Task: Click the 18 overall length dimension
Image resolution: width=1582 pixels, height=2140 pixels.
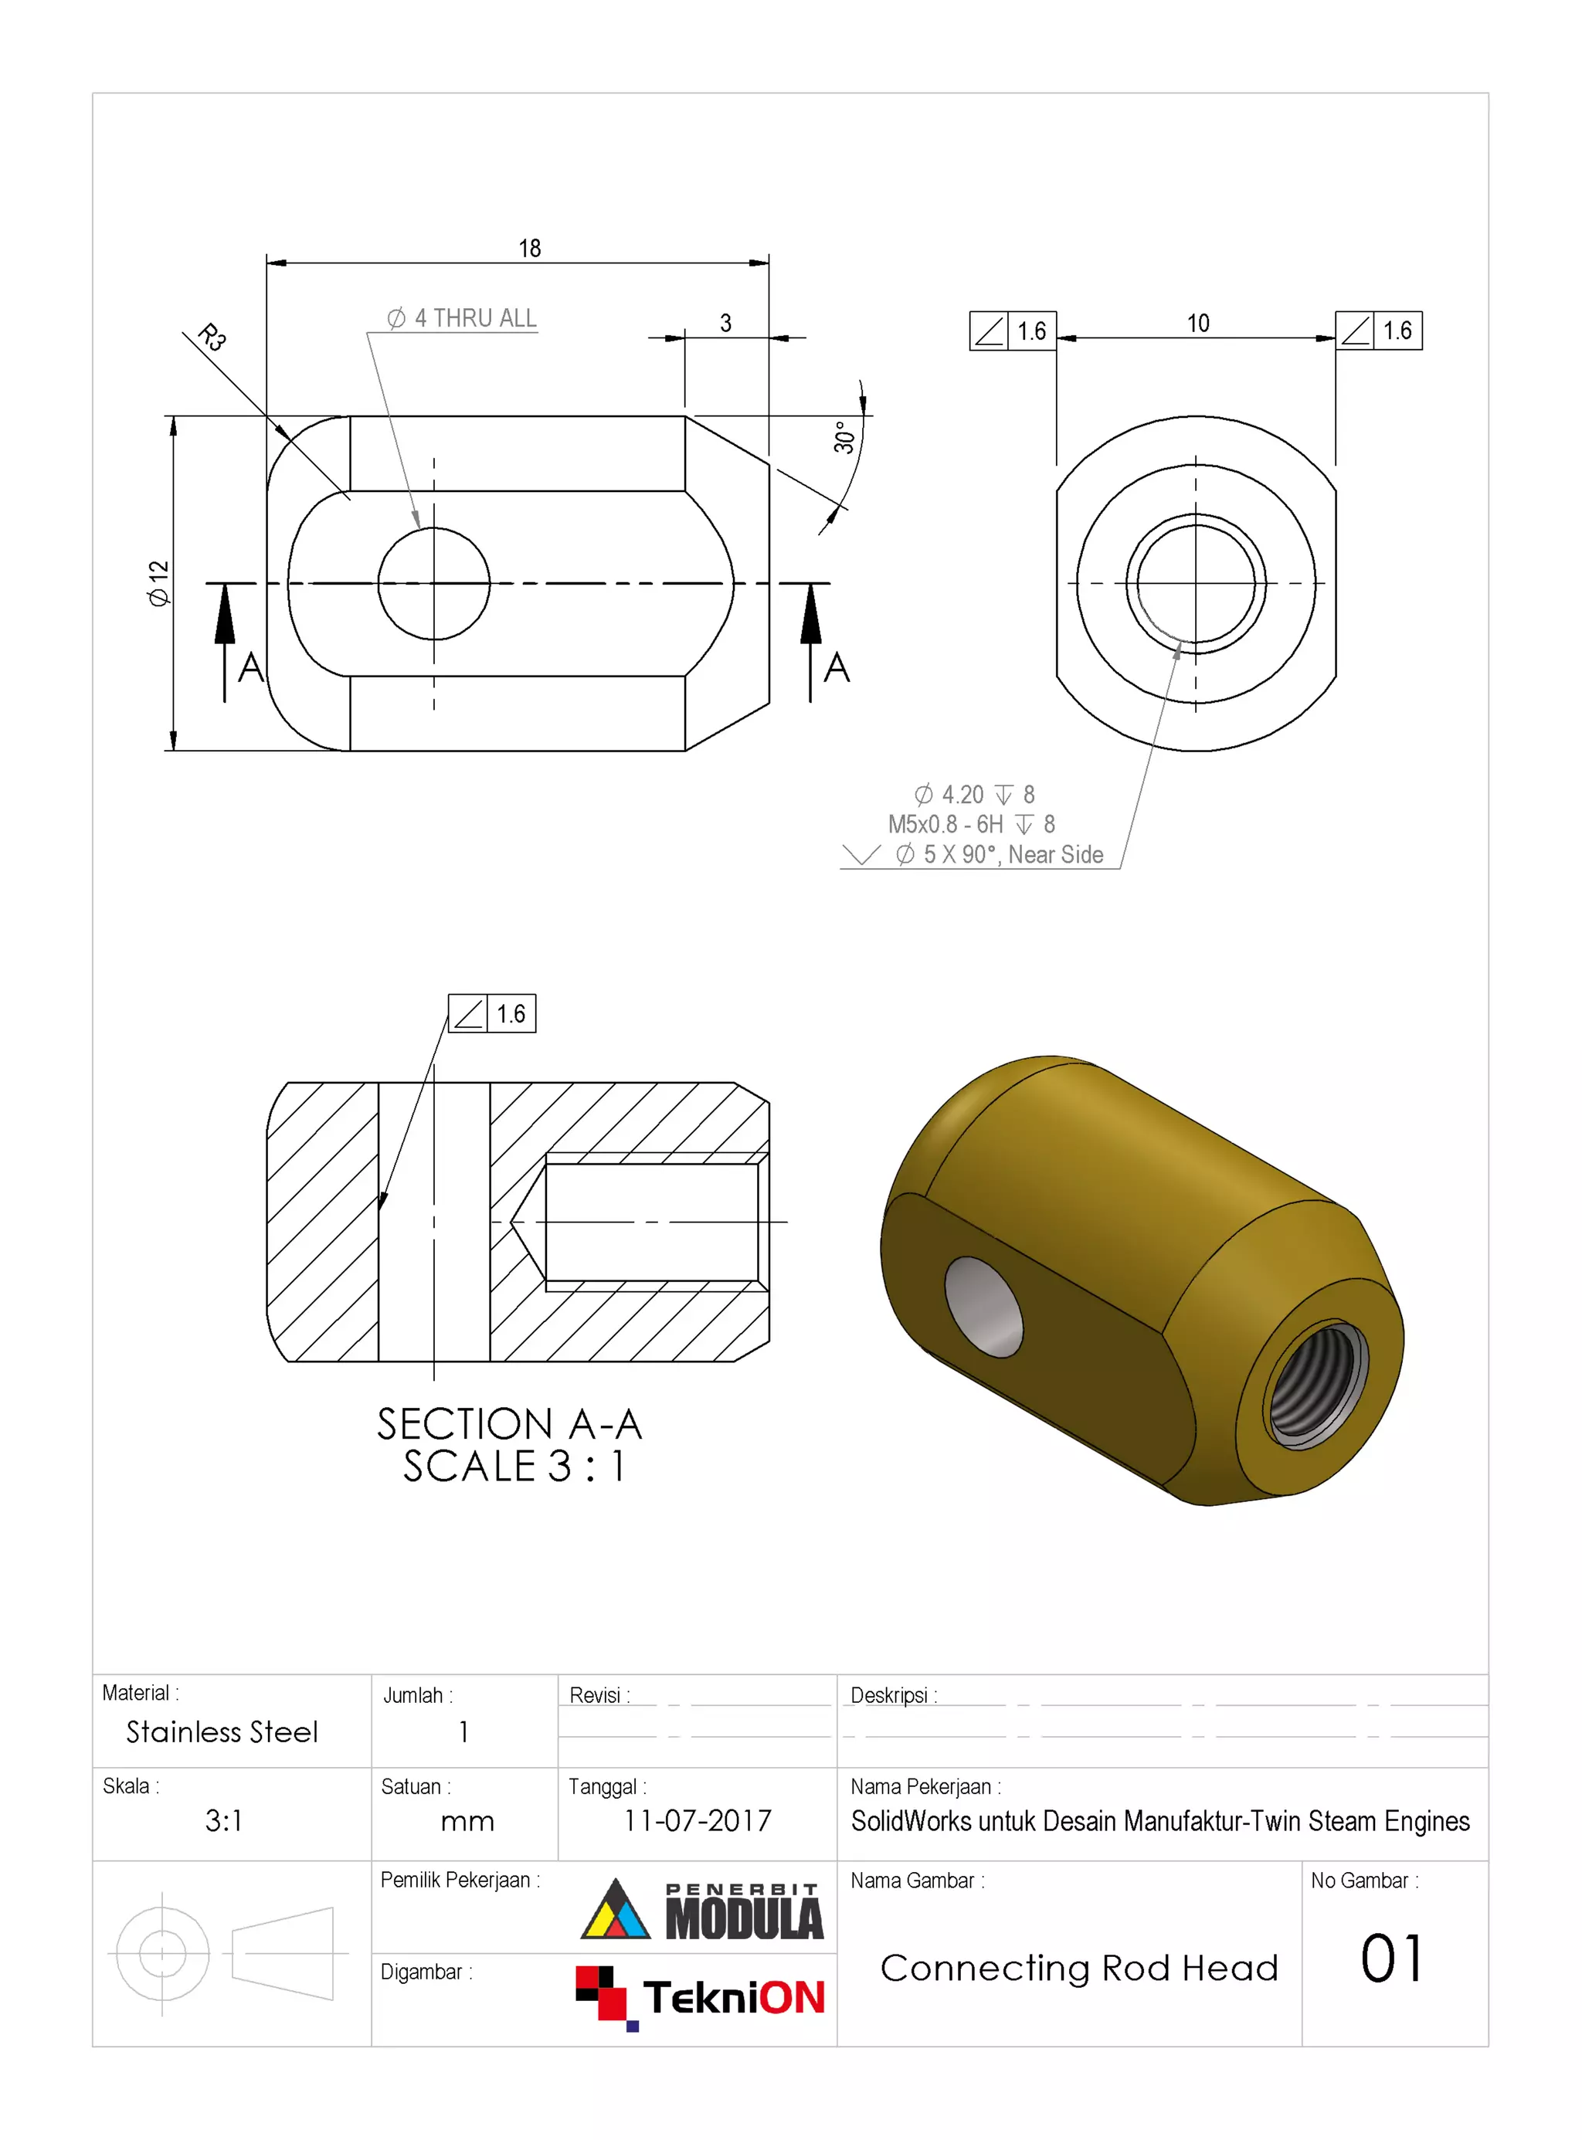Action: click(x=530, y=248)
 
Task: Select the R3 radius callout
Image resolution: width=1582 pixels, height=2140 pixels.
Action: click(x=212, y=337)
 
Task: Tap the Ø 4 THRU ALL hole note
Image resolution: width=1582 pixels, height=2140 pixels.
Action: click(x=462, y=318)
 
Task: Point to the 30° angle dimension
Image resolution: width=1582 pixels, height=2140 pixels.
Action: click(x=844, y=436)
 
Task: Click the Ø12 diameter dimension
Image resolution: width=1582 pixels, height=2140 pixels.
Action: click(x=158, y=582)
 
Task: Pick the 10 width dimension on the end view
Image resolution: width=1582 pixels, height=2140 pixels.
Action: click(x=1197, y=324)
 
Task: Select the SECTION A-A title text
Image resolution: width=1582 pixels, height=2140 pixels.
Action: click(x=508, y=1425)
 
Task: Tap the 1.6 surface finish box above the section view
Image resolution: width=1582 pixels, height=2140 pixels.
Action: click(x=492, y=1014)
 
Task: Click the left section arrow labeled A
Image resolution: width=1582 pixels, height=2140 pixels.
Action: click(x=226, y=632)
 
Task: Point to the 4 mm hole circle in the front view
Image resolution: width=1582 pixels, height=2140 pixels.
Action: click(x=434, y=583)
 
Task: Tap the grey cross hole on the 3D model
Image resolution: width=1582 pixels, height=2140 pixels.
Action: click(x=983, y=1307)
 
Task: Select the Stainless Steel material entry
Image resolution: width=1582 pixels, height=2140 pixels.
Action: click(x=222, y=1732)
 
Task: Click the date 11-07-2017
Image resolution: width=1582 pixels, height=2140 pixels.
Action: click(x=698, y=1820)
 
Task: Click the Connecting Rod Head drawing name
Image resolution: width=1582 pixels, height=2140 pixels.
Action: click(x=1079, y=1969)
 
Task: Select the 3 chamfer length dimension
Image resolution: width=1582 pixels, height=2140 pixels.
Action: click(x=726, y=324)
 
